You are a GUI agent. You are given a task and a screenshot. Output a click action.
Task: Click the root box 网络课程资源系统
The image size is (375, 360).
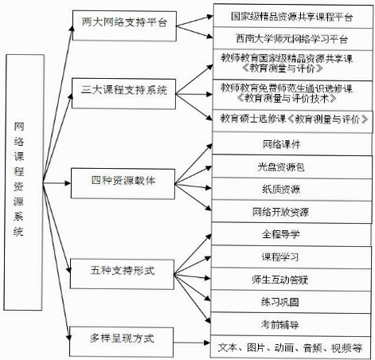click(24, 182)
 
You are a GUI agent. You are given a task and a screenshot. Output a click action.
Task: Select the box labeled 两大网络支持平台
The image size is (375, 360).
click(124, 25)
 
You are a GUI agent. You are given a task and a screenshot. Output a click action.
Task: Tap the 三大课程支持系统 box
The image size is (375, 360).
click(124, 94)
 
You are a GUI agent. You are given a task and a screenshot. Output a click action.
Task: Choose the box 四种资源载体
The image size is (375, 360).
click(123, 183)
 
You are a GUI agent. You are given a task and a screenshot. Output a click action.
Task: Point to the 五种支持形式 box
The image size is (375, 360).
click(122, 274)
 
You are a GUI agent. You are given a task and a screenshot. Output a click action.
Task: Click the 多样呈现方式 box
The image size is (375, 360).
click(121, 342)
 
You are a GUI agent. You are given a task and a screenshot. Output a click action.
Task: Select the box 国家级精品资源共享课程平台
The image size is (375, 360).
click(293, 15)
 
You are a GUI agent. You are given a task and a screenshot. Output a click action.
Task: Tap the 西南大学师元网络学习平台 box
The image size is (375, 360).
click(293, 38)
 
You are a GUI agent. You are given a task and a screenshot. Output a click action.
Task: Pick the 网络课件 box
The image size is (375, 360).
click(292, 144)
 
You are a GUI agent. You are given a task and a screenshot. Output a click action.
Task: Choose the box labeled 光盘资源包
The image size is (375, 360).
click(292, 166)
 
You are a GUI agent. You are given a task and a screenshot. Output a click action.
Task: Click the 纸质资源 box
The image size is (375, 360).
click(292, 190)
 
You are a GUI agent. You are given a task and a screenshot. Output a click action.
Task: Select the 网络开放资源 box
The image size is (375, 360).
click(291, 212)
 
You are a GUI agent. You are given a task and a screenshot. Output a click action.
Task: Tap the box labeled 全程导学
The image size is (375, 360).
click(291, 234)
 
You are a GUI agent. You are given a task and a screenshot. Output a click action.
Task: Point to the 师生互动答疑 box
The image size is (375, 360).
click(291, 280)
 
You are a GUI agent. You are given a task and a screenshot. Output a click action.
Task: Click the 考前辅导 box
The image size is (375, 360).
click(291, 324)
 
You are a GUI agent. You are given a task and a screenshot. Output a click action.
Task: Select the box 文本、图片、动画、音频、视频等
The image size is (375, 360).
click(291, 347)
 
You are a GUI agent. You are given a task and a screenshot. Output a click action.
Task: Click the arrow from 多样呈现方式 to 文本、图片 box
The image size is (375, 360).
click(192, 342)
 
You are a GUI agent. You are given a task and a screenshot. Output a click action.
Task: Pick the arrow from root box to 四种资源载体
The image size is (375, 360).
click(57, 183)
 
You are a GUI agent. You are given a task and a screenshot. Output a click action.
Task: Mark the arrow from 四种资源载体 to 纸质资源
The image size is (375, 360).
click(193, 186)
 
